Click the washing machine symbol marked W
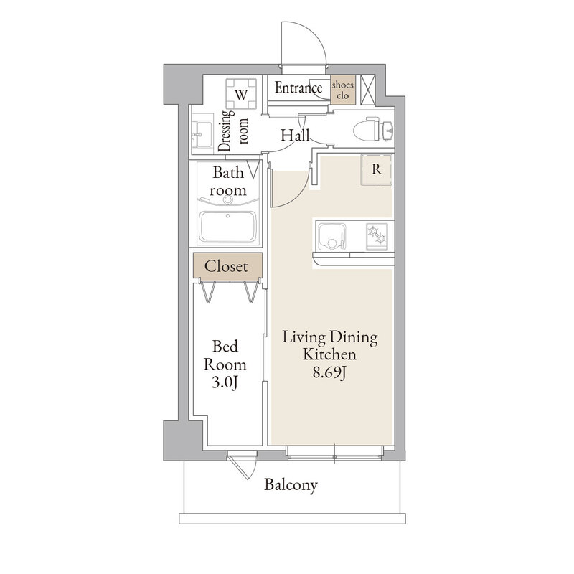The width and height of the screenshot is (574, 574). [x=241, y=94]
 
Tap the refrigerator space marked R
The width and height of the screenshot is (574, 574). [x=376, y=169]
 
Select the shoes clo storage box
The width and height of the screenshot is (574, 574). [x=343, y=90]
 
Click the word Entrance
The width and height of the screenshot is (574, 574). [x=298, y=88]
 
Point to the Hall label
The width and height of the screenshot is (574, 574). [x=295, y=136]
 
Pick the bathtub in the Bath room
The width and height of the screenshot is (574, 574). [x=227, y=226]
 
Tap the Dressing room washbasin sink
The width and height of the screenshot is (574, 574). [x=202, y=134]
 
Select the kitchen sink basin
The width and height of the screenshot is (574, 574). [x=331, y=236]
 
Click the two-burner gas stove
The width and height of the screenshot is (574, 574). [x=377, y=236]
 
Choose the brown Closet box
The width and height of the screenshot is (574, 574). [x=227, y=265]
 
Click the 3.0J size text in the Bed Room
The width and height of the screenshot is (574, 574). [x=225, y=382]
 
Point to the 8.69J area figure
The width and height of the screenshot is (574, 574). [x=329, y=372]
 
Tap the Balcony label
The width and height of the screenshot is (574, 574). [x=291, y=485]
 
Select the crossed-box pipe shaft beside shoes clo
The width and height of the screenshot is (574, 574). [x=368, y=90]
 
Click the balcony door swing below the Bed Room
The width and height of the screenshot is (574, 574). [x=243, y=465]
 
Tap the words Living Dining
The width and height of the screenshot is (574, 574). [x=329, y=337]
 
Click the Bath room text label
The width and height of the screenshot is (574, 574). [x=227, y=182]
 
